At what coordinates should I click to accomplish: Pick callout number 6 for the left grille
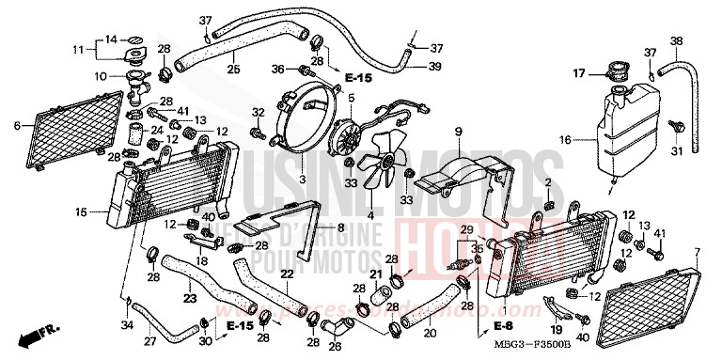17,124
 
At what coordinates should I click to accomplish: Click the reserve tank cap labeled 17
620,71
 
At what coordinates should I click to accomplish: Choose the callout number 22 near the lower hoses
288,273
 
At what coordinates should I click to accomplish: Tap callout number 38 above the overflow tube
674,40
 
